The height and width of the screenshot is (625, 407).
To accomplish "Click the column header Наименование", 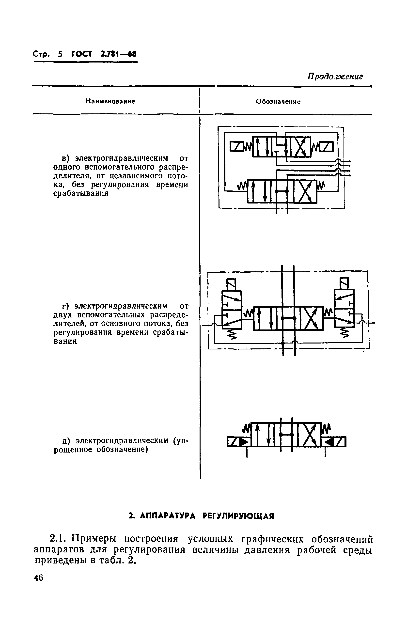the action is (x=110, y=101).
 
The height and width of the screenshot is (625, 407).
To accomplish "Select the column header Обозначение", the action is (x=278, y=102).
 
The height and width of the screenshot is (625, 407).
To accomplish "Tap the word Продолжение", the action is (x=335, y=77).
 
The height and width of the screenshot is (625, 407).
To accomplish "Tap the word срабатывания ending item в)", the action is (x=81, y=194).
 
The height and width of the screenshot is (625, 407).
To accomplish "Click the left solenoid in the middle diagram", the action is (x=231, y=284).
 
